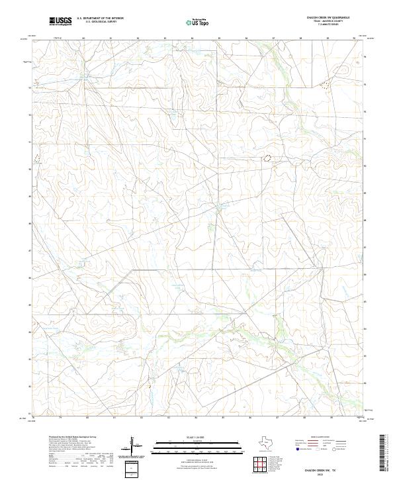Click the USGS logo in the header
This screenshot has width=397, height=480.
pyautogui.click(x=60, y=21)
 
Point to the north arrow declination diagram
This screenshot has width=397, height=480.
pyautogui.click(x=132, y=446)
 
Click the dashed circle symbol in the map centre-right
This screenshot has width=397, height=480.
pyautogui.click(x=268, y=158)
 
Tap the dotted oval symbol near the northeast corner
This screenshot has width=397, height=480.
pyautogui.click(x=325, y=84)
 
